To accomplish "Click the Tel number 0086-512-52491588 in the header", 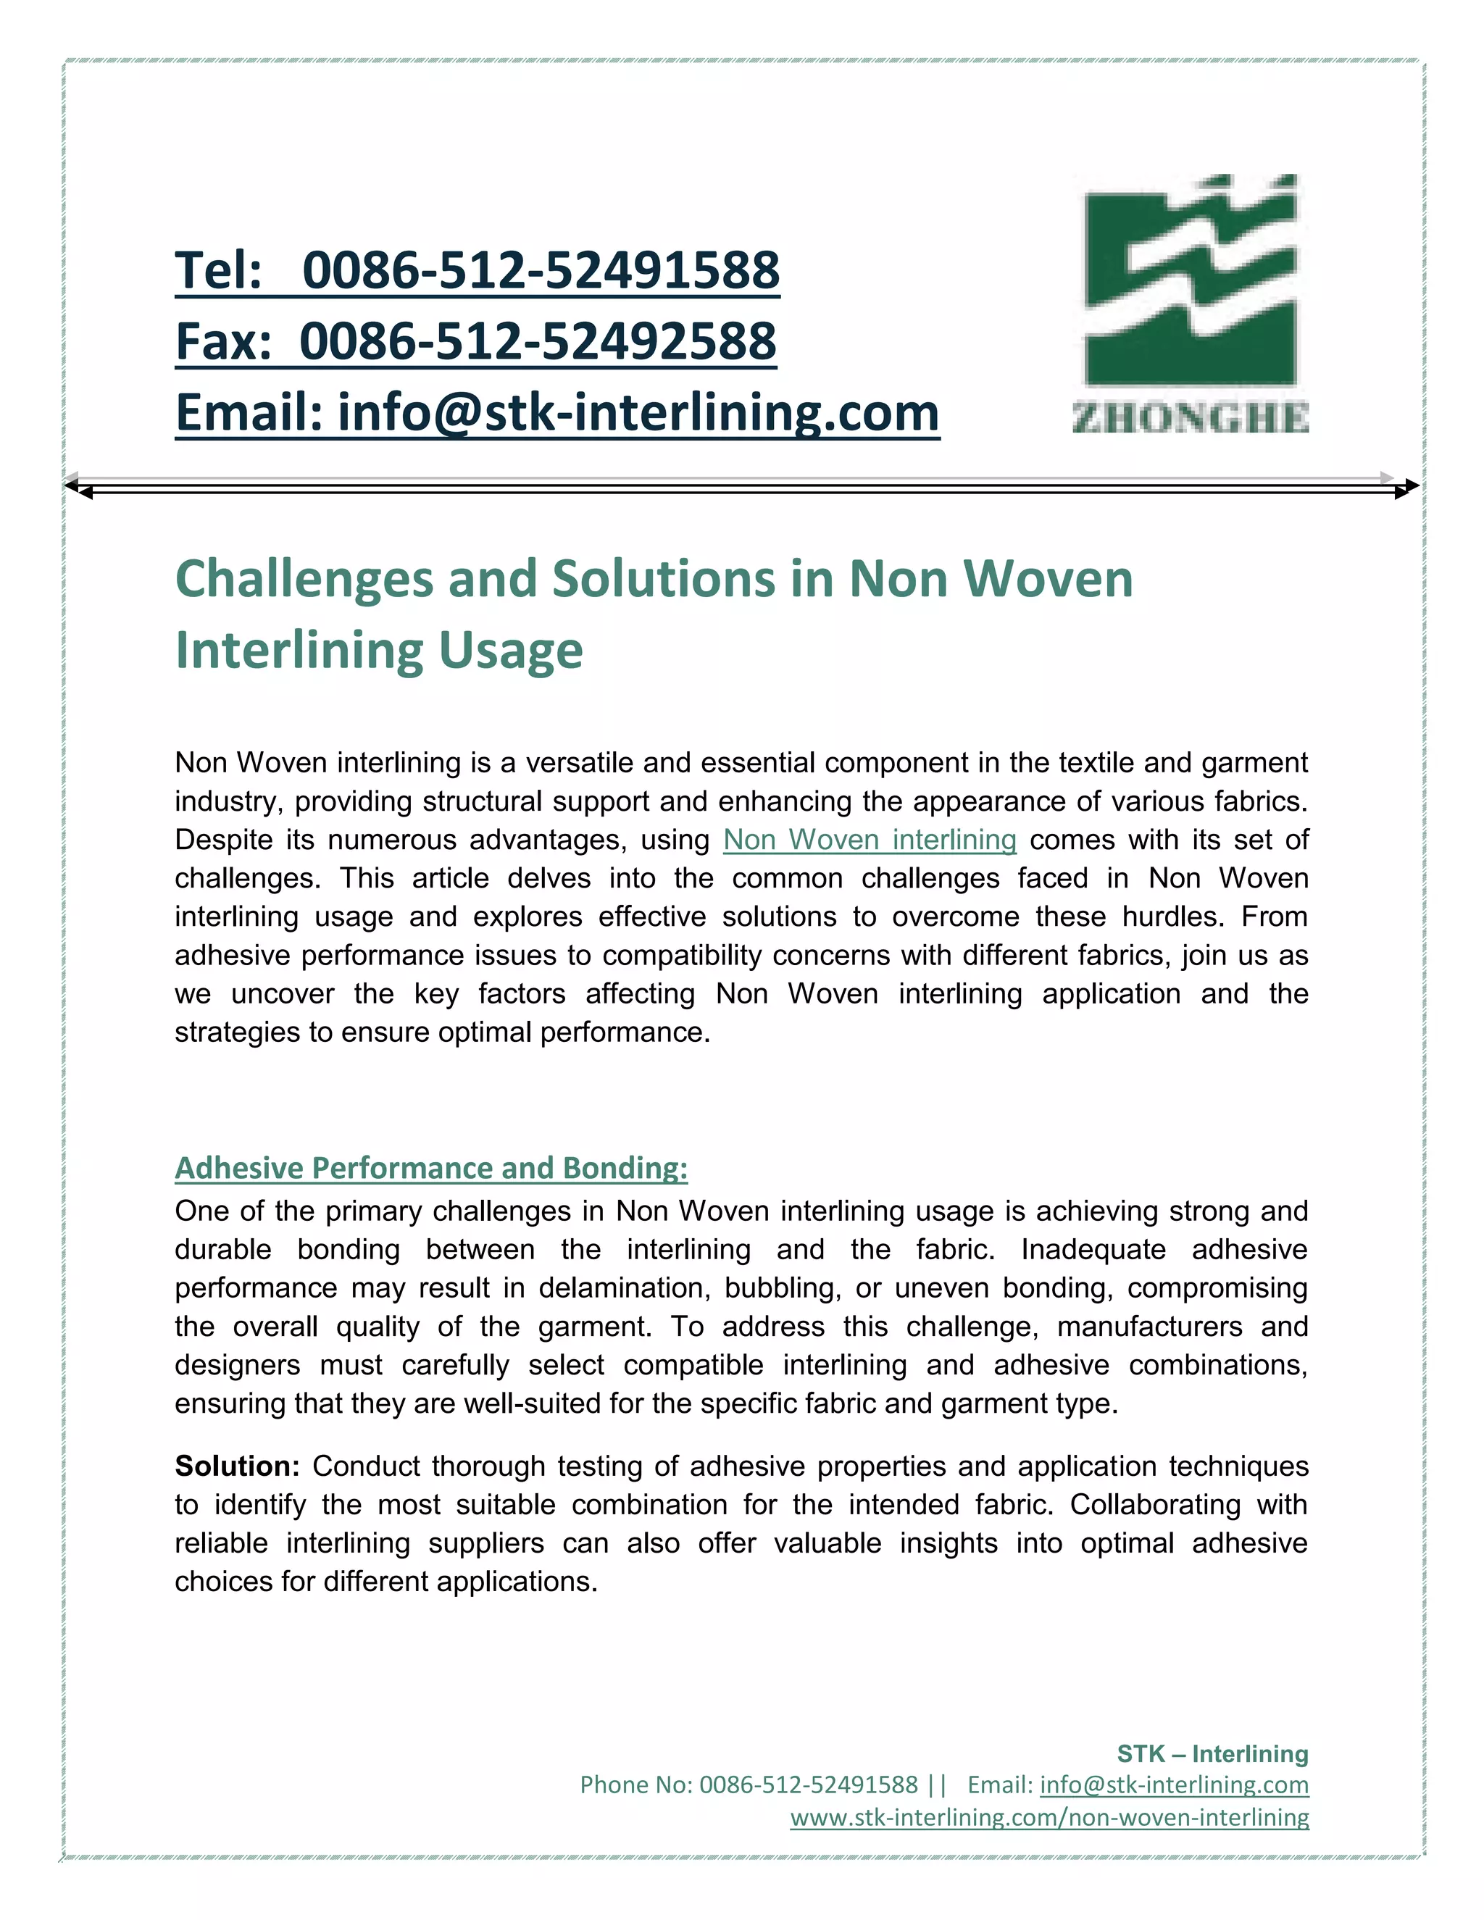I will pyautogui.click(x=540, y=270).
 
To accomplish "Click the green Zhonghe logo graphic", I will pyautogui.click(x=1191, y=281).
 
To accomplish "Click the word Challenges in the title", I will pyautogui.click(x=304, y=580).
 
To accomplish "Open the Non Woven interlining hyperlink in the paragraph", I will pyautogui.click(x=870, y=840).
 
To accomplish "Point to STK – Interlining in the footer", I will pyautogui.click(x=1212, y=1754).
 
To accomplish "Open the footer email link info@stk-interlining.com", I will pyautogui.click(x=1174, y=1785).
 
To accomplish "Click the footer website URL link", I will pyautogui.click(x=1049, y=1817).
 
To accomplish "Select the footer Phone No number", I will pyautogui.click(x=808, y=1785).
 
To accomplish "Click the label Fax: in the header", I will pyautogui.click(x=223, y=341).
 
